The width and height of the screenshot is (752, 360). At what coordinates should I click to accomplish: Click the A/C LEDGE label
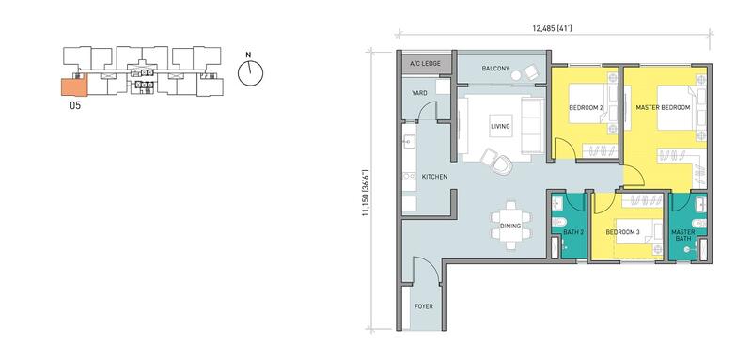425,63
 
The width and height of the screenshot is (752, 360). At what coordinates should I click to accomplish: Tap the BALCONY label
495,69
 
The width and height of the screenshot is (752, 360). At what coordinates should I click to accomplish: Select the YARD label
419,93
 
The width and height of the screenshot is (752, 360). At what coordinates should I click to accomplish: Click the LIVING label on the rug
500,127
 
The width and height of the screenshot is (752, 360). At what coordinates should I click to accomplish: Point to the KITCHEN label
434,177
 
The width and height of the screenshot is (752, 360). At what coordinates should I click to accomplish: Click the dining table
511,226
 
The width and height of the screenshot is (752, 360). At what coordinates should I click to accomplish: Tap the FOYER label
425,305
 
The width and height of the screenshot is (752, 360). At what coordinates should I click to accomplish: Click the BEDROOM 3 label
622,232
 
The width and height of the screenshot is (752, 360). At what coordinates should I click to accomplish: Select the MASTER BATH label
683,235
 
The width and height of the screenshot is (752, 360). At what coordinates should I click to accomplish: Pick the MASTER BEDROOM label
663,108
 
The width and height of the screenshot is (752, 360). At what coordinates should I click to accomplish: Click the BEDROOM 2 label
586,108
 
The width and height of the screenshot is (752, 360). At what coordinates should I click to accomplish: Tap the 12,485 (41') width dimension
552,29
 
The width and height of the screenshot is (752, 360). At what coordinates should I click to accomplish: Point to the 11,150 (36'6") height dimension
366,193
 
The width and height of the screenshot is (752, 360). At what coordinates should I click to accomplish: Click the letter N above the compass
248,55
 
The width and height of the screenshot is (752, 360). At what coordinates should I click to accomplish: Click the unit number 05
75,106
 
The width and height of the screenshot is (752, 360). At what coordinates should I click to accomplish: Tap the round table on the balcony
516,75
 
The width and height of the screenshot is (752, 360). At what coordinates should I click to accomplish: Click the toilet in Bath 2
558,223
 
